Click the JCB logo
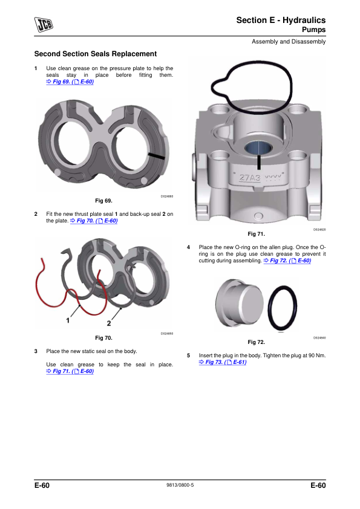click(44, 25)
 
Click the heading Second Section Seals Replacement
click(96, 54)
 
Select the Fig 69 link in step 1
click(70, 82)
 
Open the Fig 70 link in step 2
click(94, 221)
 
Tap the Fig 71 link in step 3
click(70, 371)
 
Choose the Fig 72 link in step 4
click(287, 261)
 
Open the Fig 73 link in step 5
click(223, 362)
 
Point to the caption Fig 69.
click(103, 201)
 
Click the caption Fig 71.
click(257, 234)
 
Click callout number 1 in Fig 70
click(68, 320)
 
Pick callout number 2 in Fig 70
click(109, 323)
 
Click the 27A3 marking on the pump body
click(250, 178)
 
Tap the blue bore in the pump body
click(258, 148)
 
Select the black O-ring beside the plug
click(283, 308)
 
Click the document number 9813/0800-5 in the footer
click(180, 485)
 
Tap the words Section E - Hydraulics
click(281, 20)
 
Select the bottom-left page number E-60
click(42, 485)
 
